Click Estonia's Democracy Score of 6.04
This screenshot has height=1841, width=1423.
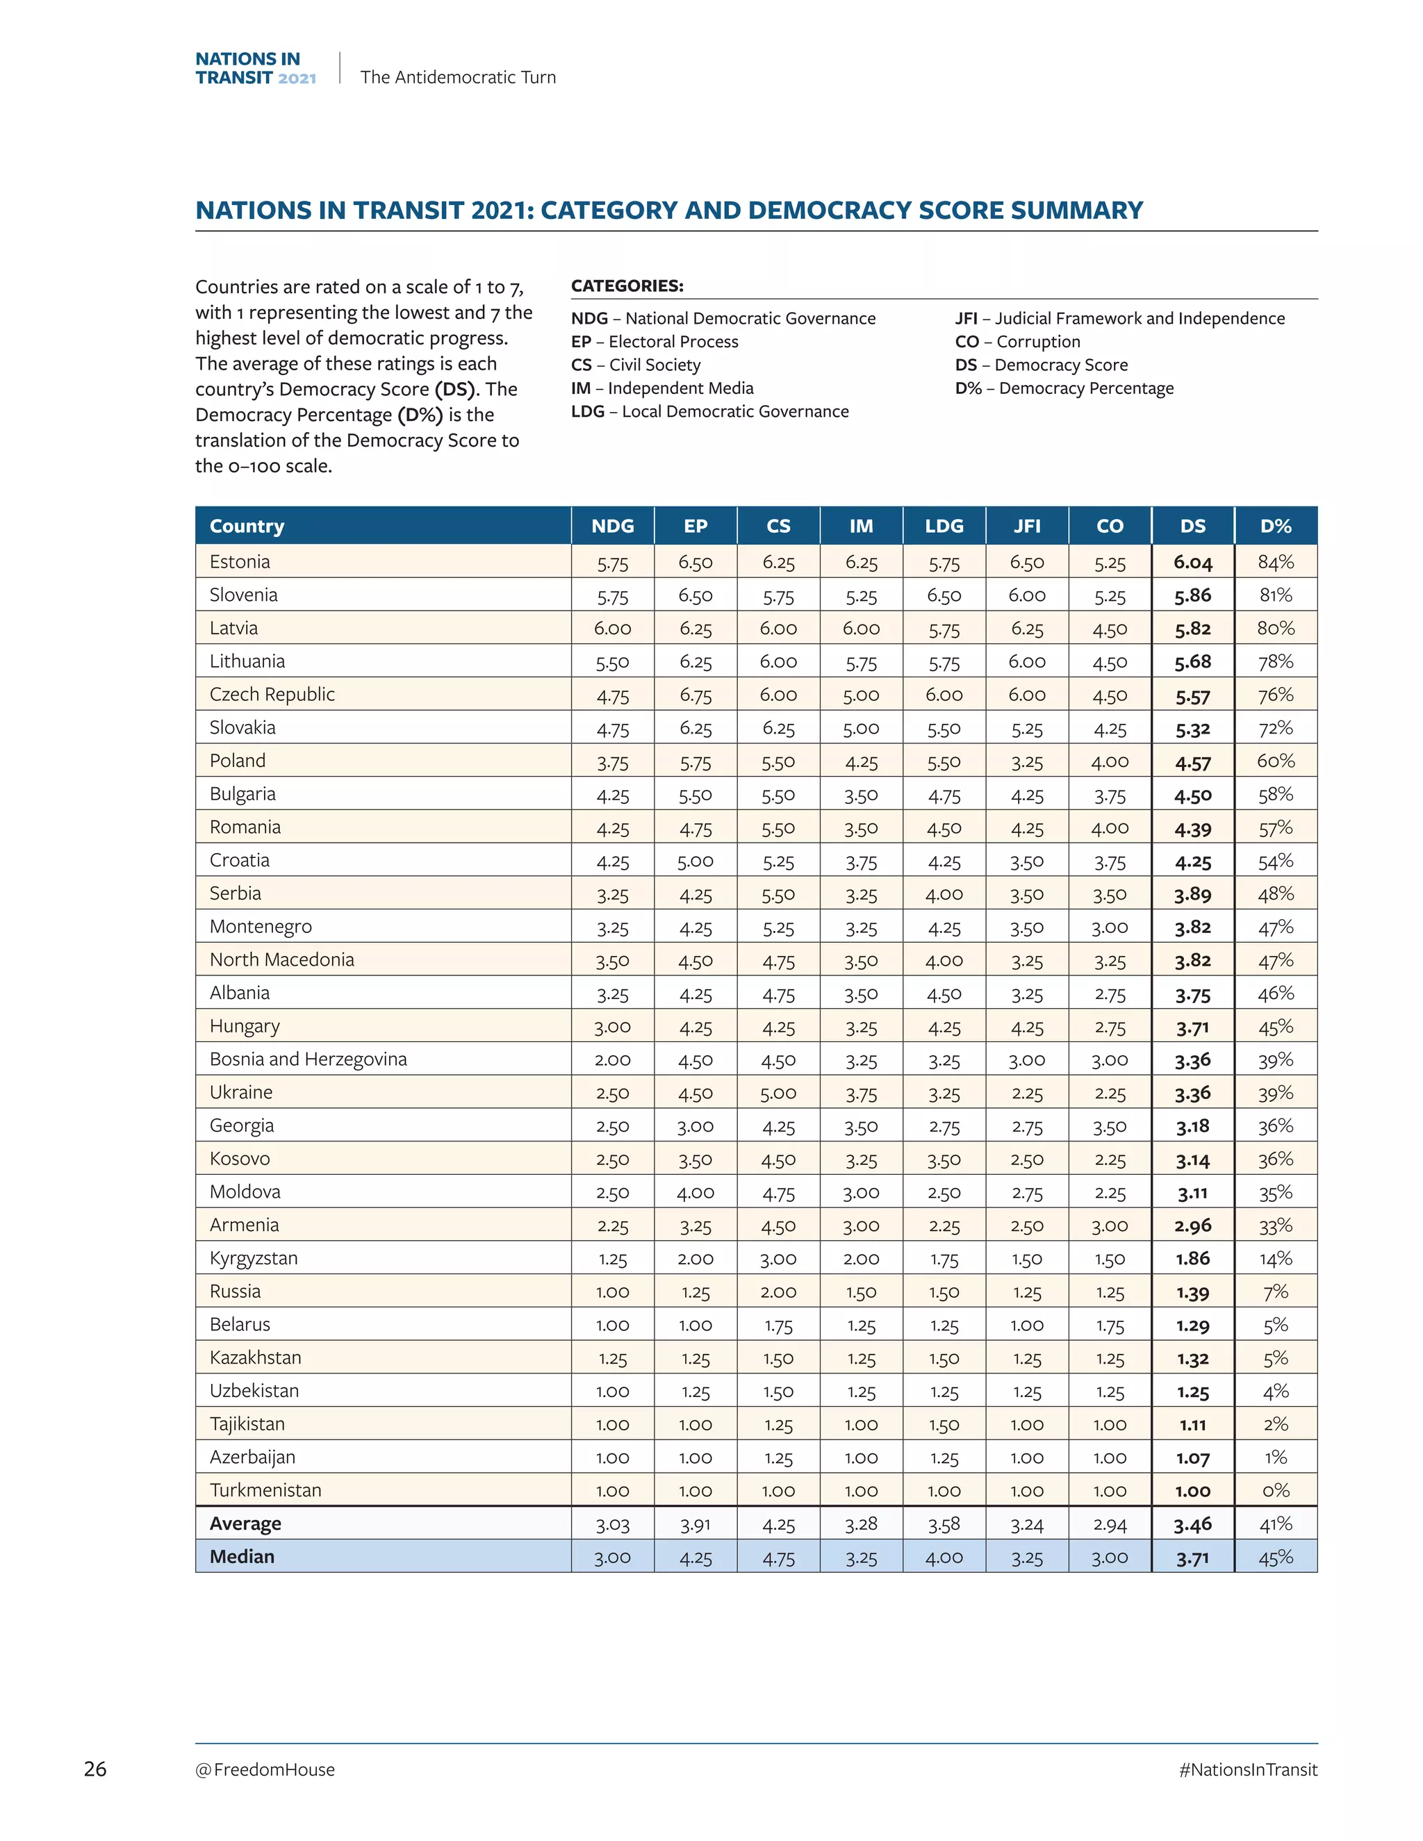[1192, 562]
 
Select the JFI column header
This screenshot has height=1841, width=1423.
[1026, 526]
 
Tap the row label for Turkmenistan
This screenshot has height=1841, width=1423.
[265, 1489]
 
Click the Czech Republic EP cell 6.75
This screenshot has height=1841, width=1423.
[696, 695]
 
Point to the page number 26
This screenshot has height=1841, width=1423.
[95, 1769]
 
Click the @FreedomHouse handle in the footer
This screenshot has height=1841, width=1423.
[265, 1769]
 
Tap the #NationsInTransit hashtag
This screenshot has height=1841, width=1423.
[1248, 1769]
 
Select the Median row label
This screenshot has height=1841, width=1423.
[242, 1556]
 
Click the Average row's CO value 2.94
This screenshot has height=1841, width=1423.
[1110, 1524]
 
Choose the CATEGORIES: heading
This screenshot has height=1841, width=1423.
[627, 286]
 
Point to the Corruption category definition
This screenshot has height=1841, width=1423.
[1017, 341]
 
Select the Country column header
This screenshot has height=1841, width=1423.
[247, 526]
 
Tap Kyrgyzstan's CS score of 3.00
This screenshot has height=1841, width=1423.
[778, 1259]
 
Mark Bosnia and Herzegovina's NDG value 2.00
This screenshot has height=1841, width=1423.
[612, 1059]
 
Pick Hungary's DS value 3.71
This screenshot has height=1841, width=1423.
[1192, 1027]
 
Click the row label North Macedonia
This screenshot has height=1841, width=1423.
[281, 959]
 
